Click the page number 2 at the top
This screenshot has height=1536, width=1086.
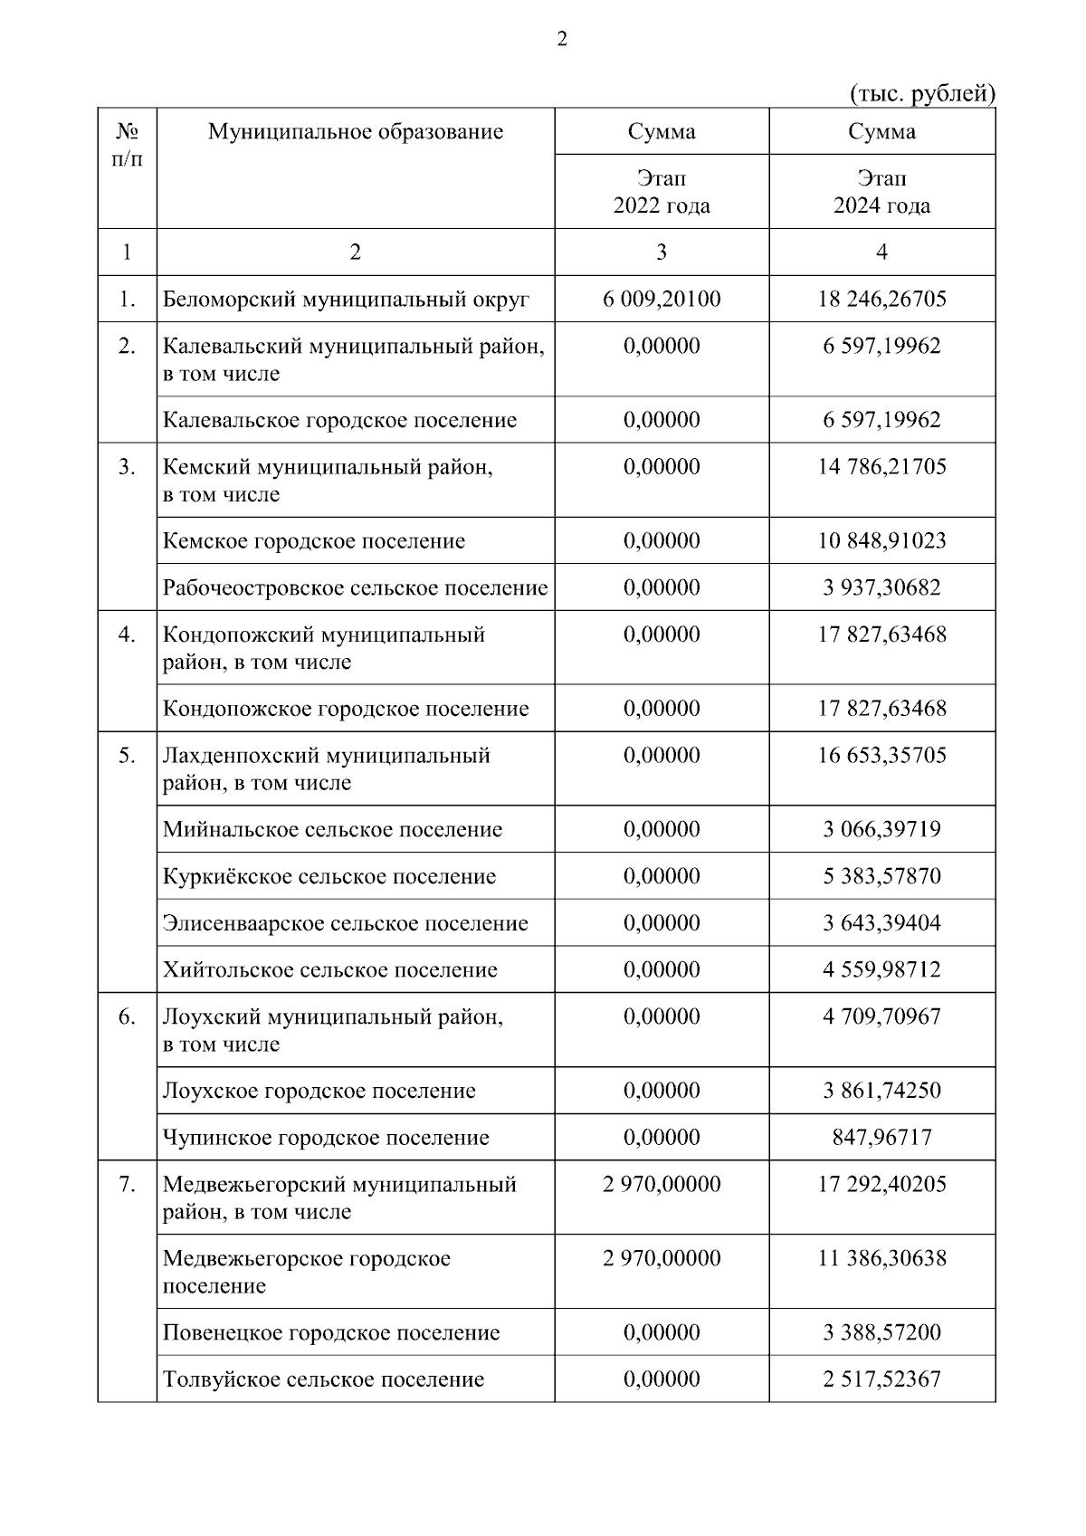pos(562,40)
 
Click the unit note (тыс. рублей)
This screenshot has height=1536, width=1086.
pos(922,94)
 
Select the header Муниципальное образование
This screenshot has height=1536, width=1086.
pos(355,132)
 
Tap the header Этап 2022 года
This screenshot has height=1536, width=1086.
pos(662,192)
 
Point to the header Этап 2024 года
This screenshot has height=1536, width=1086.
pos(881,192)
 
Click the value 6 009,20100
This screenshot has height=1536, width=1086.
pos(662,300)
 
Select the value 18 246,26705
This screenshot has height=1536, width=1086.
pos(881,300)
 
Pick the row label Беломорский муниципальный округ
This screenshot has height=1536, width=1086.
pos(346,300)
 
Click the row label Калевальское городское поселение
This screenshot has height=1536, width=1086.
pos(339,420)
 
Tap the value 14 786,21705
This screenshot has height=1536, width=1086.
pos(881,467)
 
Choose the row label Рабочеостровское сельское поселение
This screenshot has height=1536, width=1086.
pos(355,588)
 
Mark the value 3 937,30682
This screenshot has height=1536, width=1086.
pos(881,588)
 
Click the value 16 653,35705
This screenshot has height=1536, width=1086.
pos(881,756)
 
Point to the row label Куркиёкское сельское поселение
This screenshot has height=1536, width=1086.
pos(329,877)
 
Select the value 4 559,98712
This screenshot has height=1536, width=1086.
pos(881,970)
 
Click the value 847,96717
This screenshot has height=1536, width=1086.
pos(881,1138)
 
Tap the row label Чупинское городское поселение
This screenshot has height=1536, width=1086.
pos(326,1138)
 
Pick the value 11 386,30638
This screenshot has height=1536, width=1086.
pos(881,1259)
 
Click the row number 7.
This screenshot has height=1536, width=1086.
pos(127,1185)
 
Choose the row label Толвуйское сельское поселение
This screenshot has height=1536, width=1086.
pos(323,1380)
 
